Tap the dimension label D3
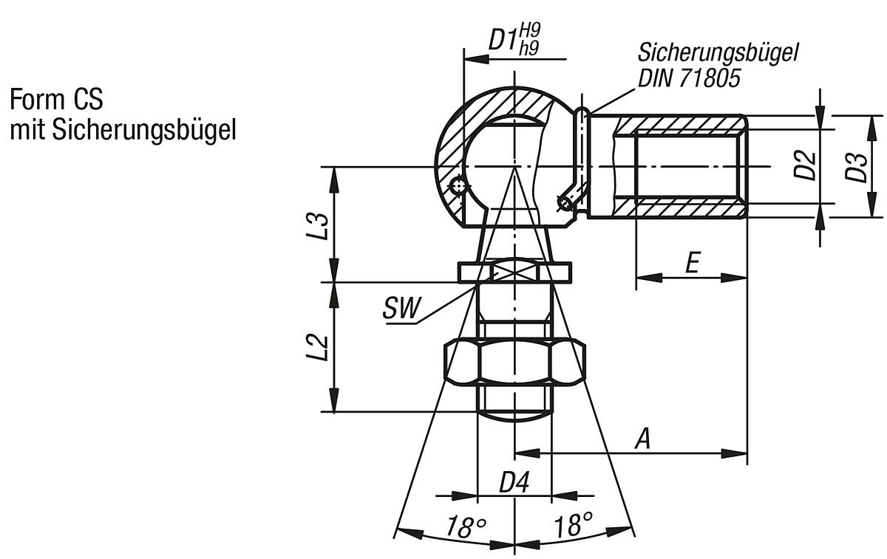857,166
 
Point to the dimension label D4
514,483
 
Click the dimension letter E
691,263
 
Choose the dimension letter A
643,439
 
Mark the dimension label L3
319,224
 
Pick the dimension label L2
319,347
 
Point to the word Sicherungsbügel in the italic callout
718,54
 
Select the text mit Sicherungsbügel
123,130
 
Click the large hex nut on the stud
514,362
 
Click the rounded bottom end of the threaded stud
514,414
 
